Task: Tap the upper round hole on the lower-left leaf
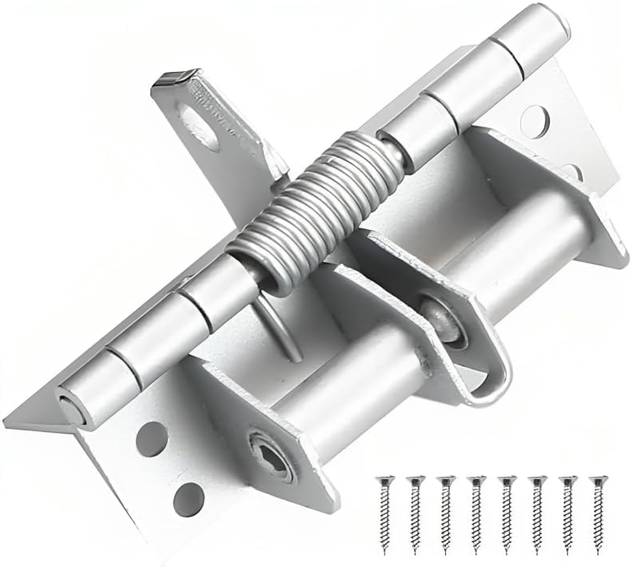[x=151, y=438]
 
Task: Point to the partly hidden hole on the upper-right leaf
[x=572, y=171]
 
